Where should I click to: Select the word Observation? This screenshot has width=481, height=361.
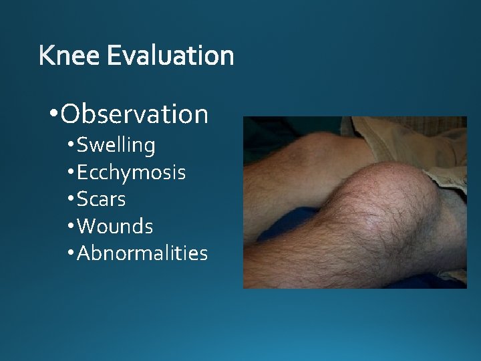pyautogui.click(x=134, y=114)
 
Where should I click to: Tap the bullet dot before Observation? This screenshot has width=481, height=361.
pyautogui.click(x=53, y=114)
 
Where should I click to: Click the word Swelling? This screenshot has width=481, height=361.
pyautogui.click(x=116, y=144)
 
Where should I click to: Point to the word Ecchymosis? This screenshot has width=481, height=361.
pyautogui.click(x=131, y=172)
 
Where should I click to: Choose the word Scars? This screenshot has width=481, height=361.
pyautogui.click(x=101, y=199)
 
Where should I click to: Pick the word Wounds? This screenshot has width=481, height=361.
pyautogui.click(x=115, y=227)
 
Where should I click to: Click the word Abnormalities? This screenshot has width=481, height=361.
pyautogui.click(x=142, y=253)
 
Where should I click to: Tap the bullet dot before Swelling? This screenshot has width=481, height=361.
pyautogui.click(x=71, y=145)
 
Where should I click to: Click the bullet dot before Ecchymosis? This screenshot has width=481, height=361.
pyautogui.click(x=71, y=172)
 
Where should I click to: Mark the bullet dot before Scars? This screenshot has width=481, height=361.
pyautogui.click(x=71, y=200)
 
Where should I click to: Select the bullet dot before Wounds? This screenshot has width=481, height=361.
pyautogui.click(x=71, y=227)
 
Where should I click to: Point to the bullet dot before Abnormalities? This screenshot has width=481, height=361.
pyautogui.click(x=71, y=254)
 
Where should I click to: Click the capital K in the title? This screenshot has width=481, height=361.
pyautogui.click(x=47, y=55)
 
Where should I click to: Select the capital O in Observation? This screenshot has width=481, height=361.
pyautogui.click(x=70, y=114)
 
